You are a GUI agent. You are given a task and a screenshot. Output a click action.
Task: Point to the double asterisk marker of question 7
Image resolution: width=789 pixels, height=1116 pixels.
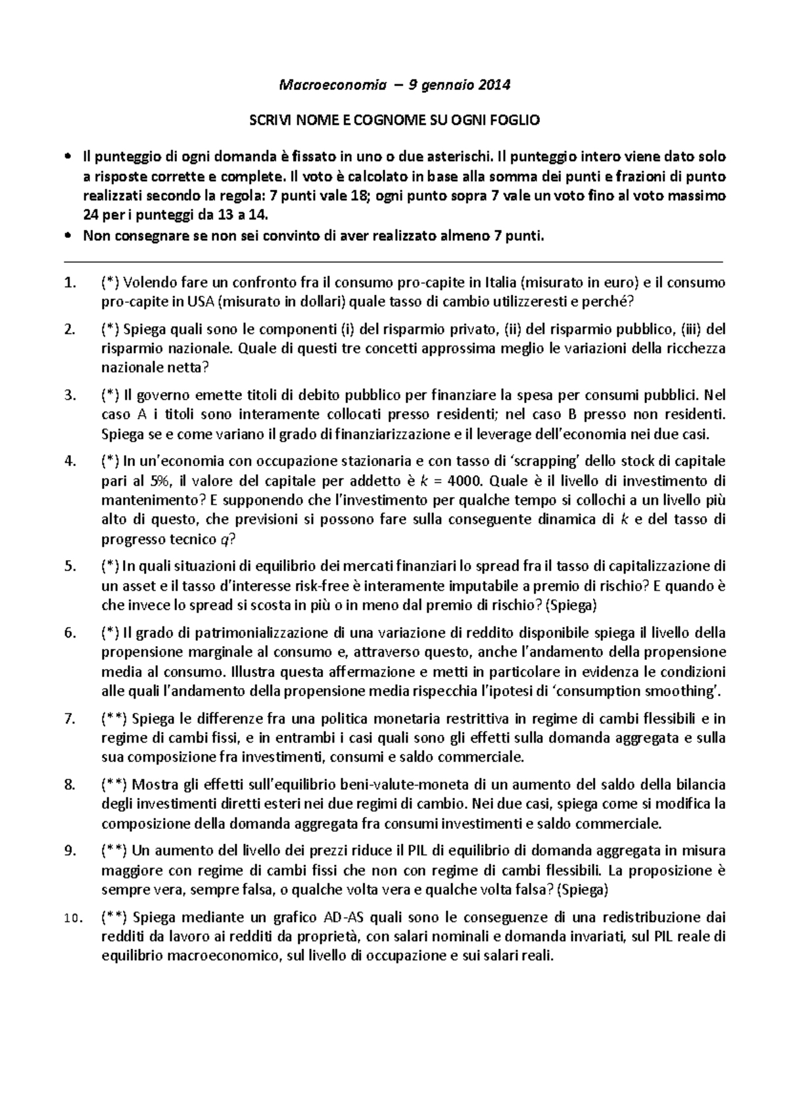(x=114, y=718)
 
